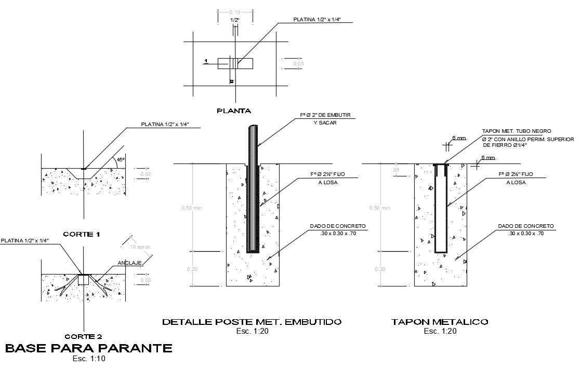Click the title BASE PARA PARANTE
pos(88,348)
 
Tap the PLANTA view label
pos(234,111)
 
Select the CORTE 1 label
pos(81,234)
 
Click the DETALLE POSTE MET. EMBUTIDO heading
pos(252,322)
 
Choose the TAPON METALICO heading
pos(440,322)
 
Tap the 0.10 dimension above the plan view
pos(235,12)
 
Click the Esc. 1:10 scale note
pos(89,358)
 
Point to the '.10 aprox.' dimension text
pos(141,247)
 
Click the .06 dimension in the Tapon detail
pos(396,170)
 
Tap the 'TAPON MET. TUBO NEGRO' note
pos(516,131)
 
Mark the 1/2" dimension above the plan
pos(235,20)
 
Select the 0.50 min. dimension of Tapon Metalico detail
pos(380,208)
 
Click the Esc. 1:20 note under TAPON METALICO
pos(440,331)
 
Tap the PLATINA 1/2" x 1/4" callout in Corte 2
pos(24,240)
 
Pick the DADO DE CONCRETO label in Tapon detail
pos(526,226)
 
